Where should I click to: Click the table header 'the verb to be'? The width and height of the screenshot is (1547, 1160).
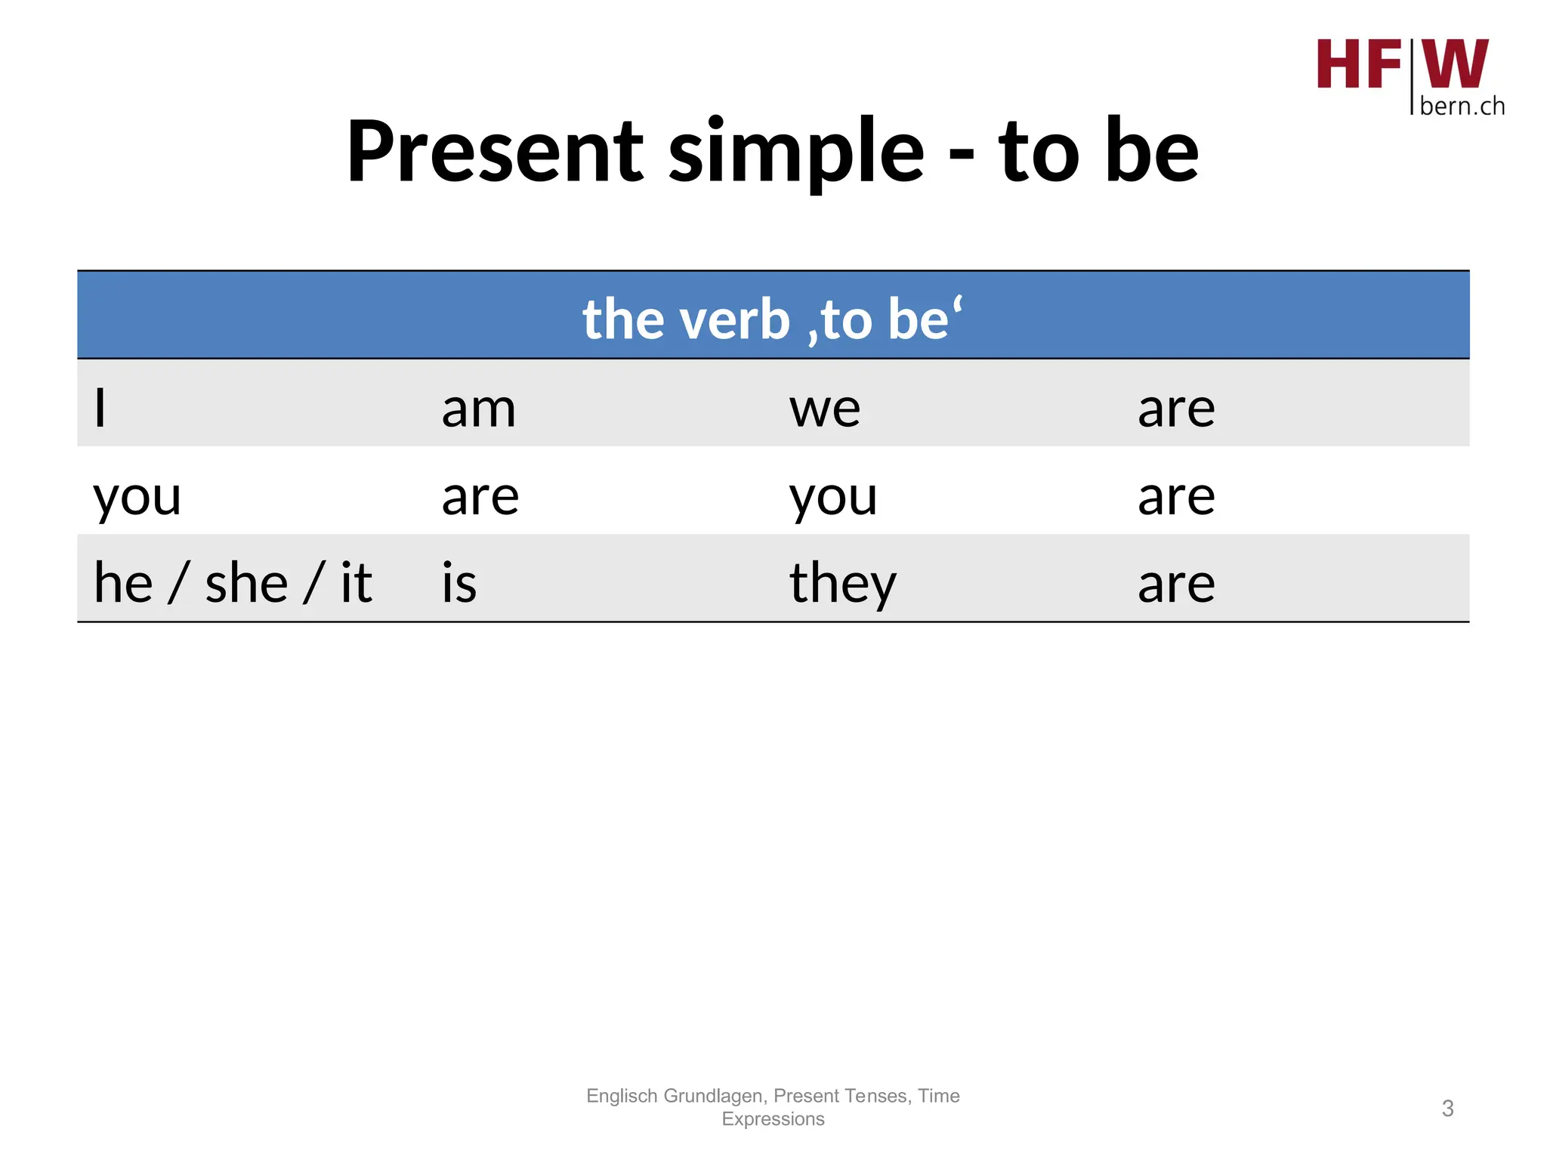point(773,319)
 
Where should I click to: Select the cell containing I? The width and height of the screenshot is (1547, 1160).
point(100,409)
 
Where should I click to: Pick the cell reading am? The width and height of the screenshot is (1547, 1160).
point(479,409)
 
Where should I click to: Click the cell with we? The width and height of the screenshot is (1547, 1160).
point(825,409)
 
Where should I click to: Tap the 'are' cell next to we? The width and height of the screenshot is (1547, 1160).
point(1176,409)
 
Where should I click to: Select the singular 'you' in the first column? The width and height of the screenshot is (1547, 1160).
point(137,497)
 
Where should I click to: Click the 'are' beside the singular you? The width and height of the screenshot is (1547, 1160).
point(480,497)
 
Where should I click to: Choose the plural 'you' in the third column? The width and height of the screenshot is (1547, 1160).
point(833,497)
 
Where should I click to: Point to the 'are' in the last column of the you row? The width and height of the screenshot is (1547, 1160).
point(1176,497)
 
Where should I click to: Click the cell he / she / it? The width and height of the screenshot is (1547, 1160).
point(233,583)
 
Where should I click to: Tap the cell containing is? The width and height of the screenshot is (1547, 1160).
point(459,583)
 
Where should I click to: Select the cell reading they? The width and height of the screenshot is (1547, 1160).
point(843,583)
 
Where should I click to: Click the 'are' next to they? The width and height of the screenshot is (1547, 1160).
point(1176,583)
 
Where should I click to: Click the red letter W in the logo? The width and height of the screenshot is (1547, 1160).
point(1455,64)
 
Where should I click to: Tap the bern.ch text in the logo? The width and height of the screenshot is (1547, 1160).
point(1462,106)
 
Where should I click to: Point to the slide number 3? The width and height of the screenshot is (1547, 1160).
point(1447,1108)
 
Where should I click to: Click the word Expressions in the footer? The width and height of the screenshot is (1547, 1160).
point(773,1118)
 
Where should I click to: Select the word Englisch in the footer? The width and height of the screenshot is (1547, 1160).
point(622,1096)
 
